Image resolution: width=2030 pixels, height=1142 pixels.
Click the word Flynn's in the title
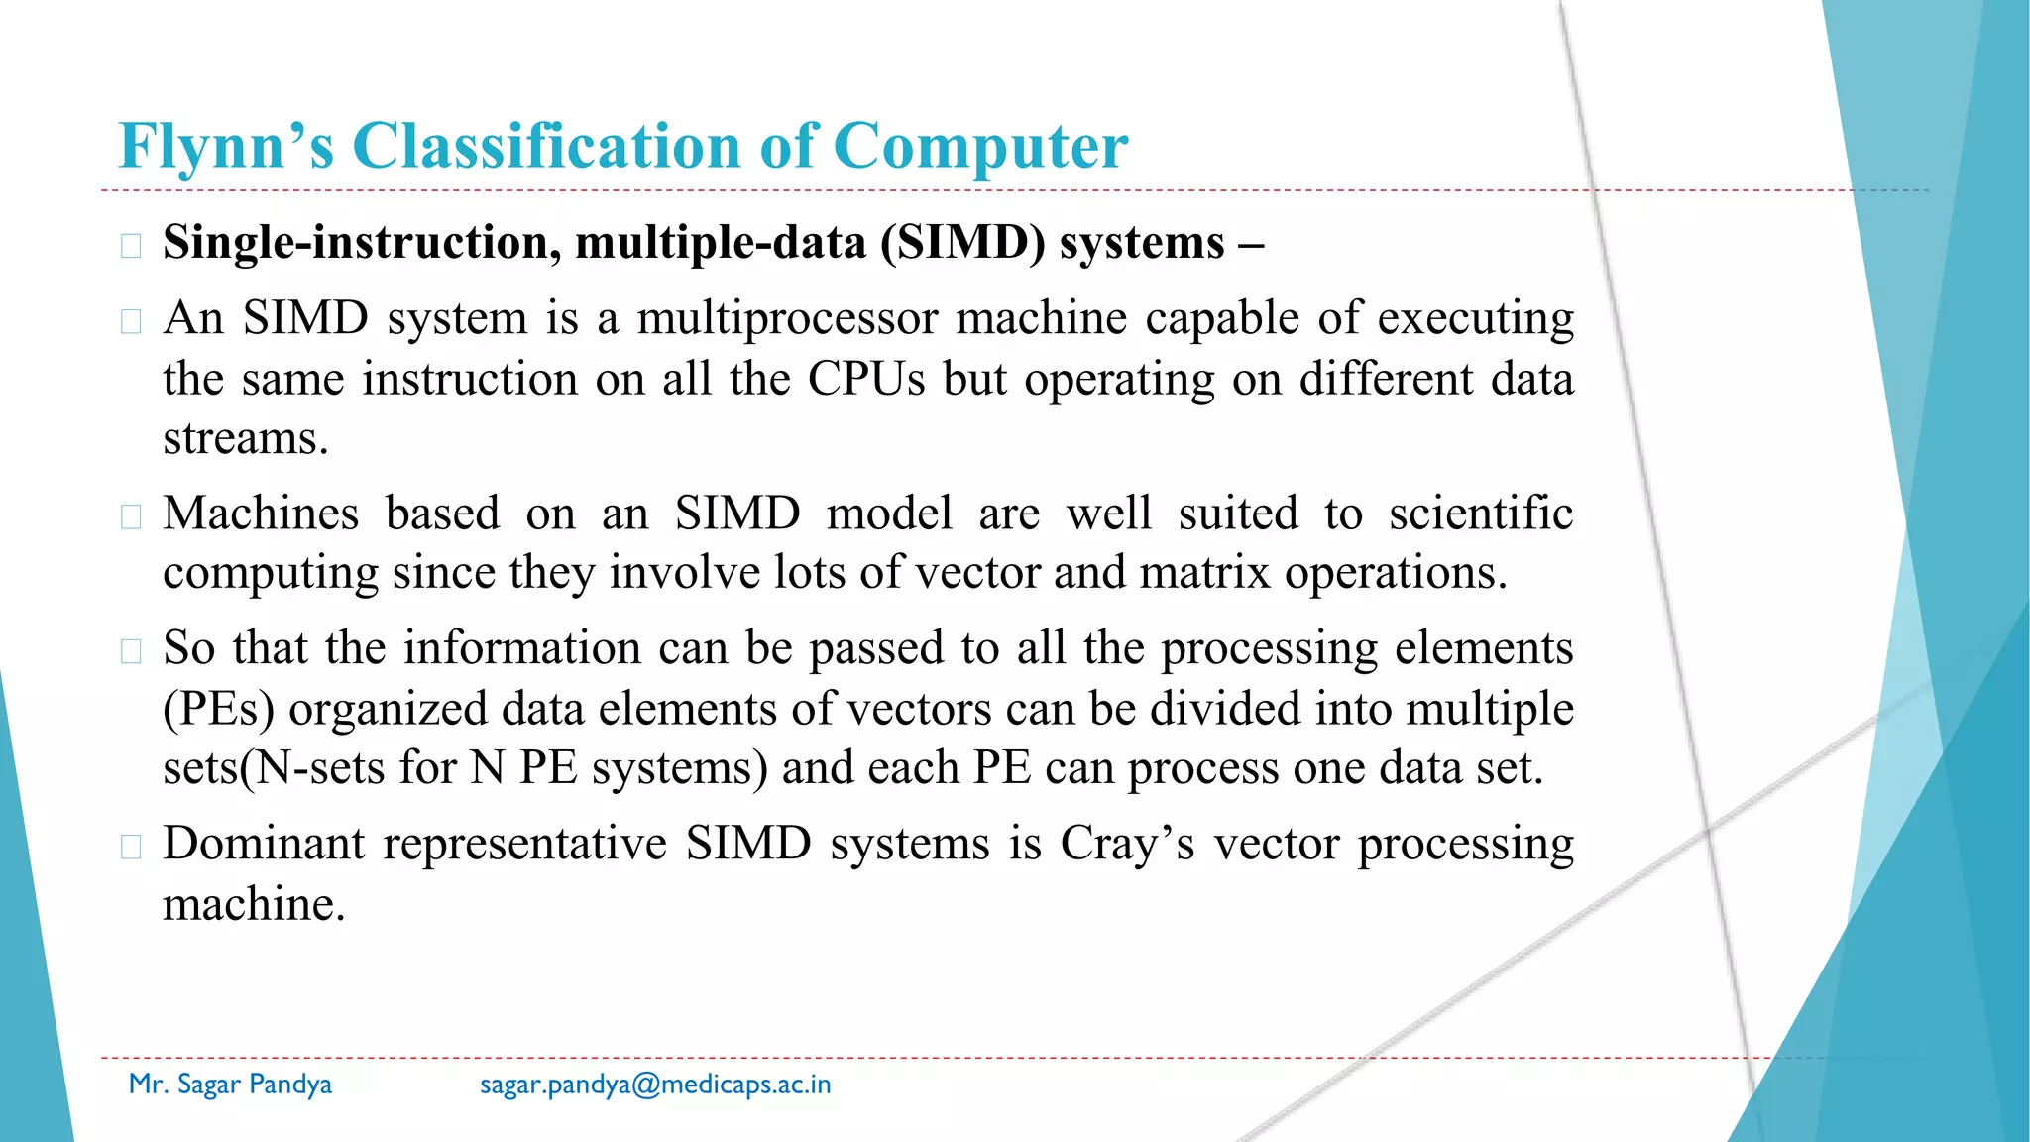226,147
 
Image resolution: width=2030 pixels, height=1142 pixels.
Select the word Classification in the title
546,147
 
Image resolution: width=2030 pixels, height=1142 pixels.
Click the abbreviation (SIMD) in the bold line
962,243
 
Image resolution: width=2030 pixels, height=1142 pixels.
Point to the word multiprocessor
787,319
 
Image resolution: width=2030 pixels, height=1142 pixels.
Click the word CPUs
866,380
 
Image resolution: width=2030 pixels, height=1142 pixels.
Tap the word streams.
245,439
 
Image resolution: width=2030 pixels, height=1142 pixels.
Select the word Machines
261,514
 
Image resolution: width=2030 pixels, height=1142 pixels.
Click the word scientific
1480,514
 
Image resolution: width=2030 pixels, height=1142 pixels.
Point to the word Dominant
264,845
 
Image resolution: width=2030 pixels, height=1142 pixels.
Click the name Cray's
1127,845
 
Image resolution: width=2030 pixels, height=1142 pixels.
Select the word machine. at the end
254,905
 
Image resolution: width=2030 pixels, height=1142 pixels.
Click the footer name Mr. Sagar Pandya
230,1085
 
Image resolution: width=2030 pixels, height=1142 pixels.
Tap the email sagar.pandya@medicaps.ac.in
655,1085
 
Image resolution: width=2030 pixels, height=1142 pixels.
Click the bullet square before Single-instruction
131,246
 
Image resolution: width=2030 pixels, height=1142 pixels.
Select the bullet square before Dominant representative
131,848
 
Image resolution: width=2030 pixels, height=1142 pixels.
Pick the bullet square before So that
131,651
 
